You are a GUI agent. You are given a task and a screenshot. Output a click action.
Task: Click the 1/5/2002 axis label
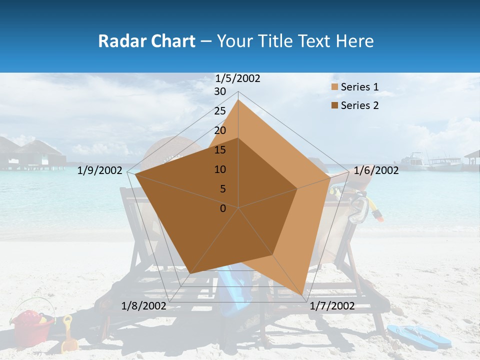tap(237, 78)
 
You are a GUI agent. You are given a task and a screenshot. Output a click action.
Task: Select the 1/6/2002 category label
tap(376, 170)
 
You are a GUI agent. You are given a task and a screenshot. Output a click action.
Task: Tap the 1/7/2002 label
tap(332, 306)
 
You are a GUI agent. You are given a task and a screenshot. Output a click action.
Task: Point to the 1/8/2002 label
tap(144, 306)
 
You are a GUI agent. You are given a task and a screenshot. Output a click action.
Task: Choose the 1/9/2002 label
tap(100, 170)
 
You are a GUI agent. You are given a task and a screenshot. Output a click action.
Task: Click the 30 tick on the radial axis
tap(220, 91)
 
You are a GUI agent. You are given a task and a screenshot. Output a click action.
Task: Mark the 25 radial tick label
tap(220, 111)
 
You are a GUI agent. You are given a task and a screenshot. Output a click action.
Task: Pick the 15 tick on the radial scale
tap(220, 150)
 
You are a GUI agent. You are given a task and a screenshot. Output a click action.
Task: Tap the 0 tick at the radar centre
tap(223, 208)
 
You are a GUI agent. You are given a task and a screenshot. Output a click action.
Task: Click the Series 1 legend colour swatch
tap(334, 87)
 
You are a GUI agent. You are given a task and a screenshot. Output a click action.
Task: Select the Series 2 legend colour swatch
tap(334, 105)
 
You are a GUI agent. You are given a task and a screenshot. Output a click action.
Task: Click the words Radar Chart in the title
tap(146, 41)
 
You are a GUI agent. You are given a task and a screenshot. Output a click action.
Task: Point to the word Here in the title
tap(354, 41)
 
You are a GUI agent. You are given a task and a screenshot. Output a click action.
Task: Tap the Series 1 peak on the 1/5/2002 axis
tap(238, 99)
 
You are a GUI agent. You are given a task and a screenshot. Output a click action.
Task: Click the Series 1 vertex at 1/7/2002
tap(302, 295)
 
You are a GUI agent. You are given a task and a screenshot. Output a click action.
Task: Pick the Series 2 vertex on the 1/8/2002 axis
tap(190, 273)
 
